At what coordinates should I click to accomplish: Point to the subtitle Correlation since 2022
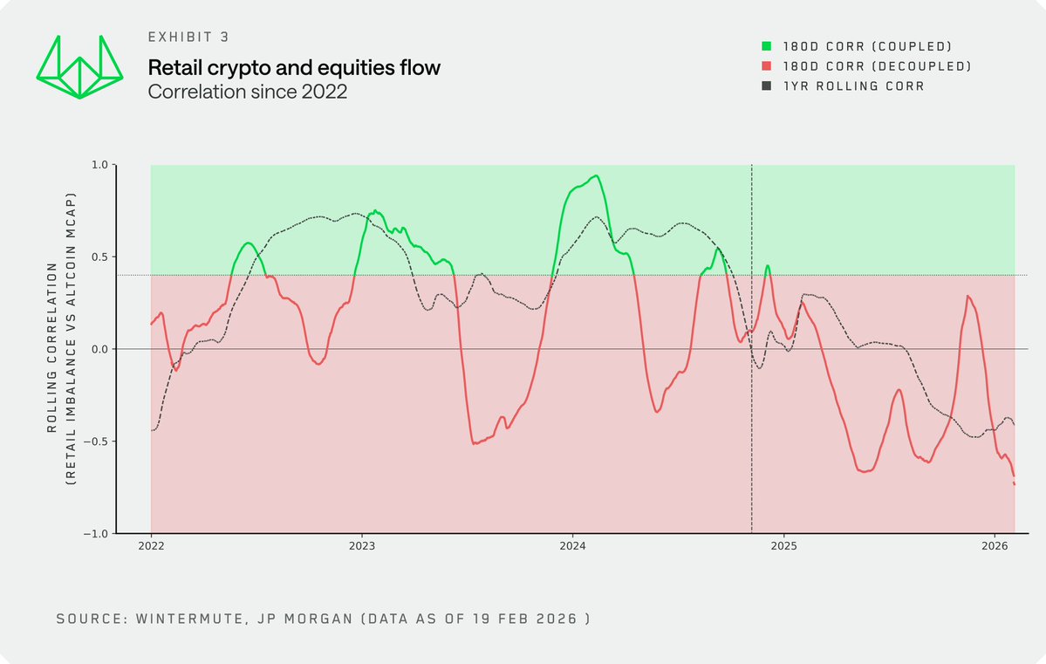(x=248, y=92)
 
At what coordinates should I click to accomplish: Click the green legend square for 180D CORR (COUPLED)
(x=768, y=46)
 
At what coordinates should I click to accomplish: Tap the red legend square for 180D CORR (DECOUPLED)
(x=768, y=66)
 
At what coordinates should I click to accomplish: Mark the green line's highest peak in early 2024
(x=596, y=175)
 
